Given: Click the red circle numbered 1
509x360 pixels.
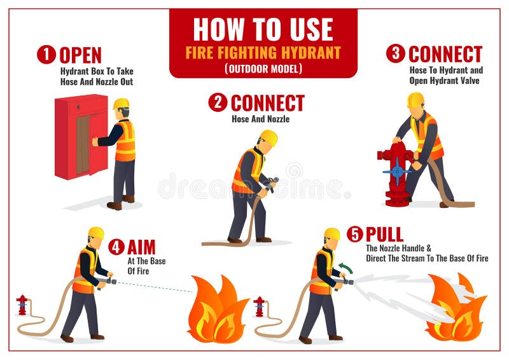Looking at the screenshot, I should click(46, 55).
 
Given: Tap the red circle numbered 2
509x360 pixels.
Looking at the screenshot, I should click(218, 102).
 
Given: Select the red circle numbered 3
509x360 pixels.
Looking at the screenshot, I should click(395, 53).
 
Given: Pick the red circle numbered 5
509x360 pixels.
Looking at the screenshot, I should click(354, 234).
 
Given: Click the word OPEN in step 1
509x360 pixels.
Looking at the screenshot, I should click(80, 55).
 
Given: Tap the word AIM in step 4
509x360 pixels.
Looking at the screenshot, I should click(141, 247).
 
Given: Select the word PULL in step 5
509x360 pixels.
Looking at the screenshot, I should click(384, 234).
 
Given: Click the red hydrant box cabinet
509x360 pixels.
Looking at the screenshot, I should click(81, 136).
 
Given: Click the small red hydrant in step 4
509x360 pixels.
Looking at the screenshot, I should click(22, 305).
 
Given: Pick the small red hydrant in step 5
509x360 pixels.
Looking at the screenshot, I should click(259, 306).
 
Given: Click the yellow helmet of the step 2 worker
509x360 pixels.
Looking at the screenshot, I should click(268, 137).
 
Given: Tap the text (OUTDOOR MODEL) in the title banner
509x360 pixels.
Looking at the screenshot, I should click(263, 68).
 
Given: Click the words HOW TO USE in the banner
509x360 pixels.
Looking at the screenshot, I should click(263, 29).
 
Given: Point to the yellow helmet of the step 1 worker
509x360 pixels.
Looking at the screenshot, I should click(121, 103).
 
